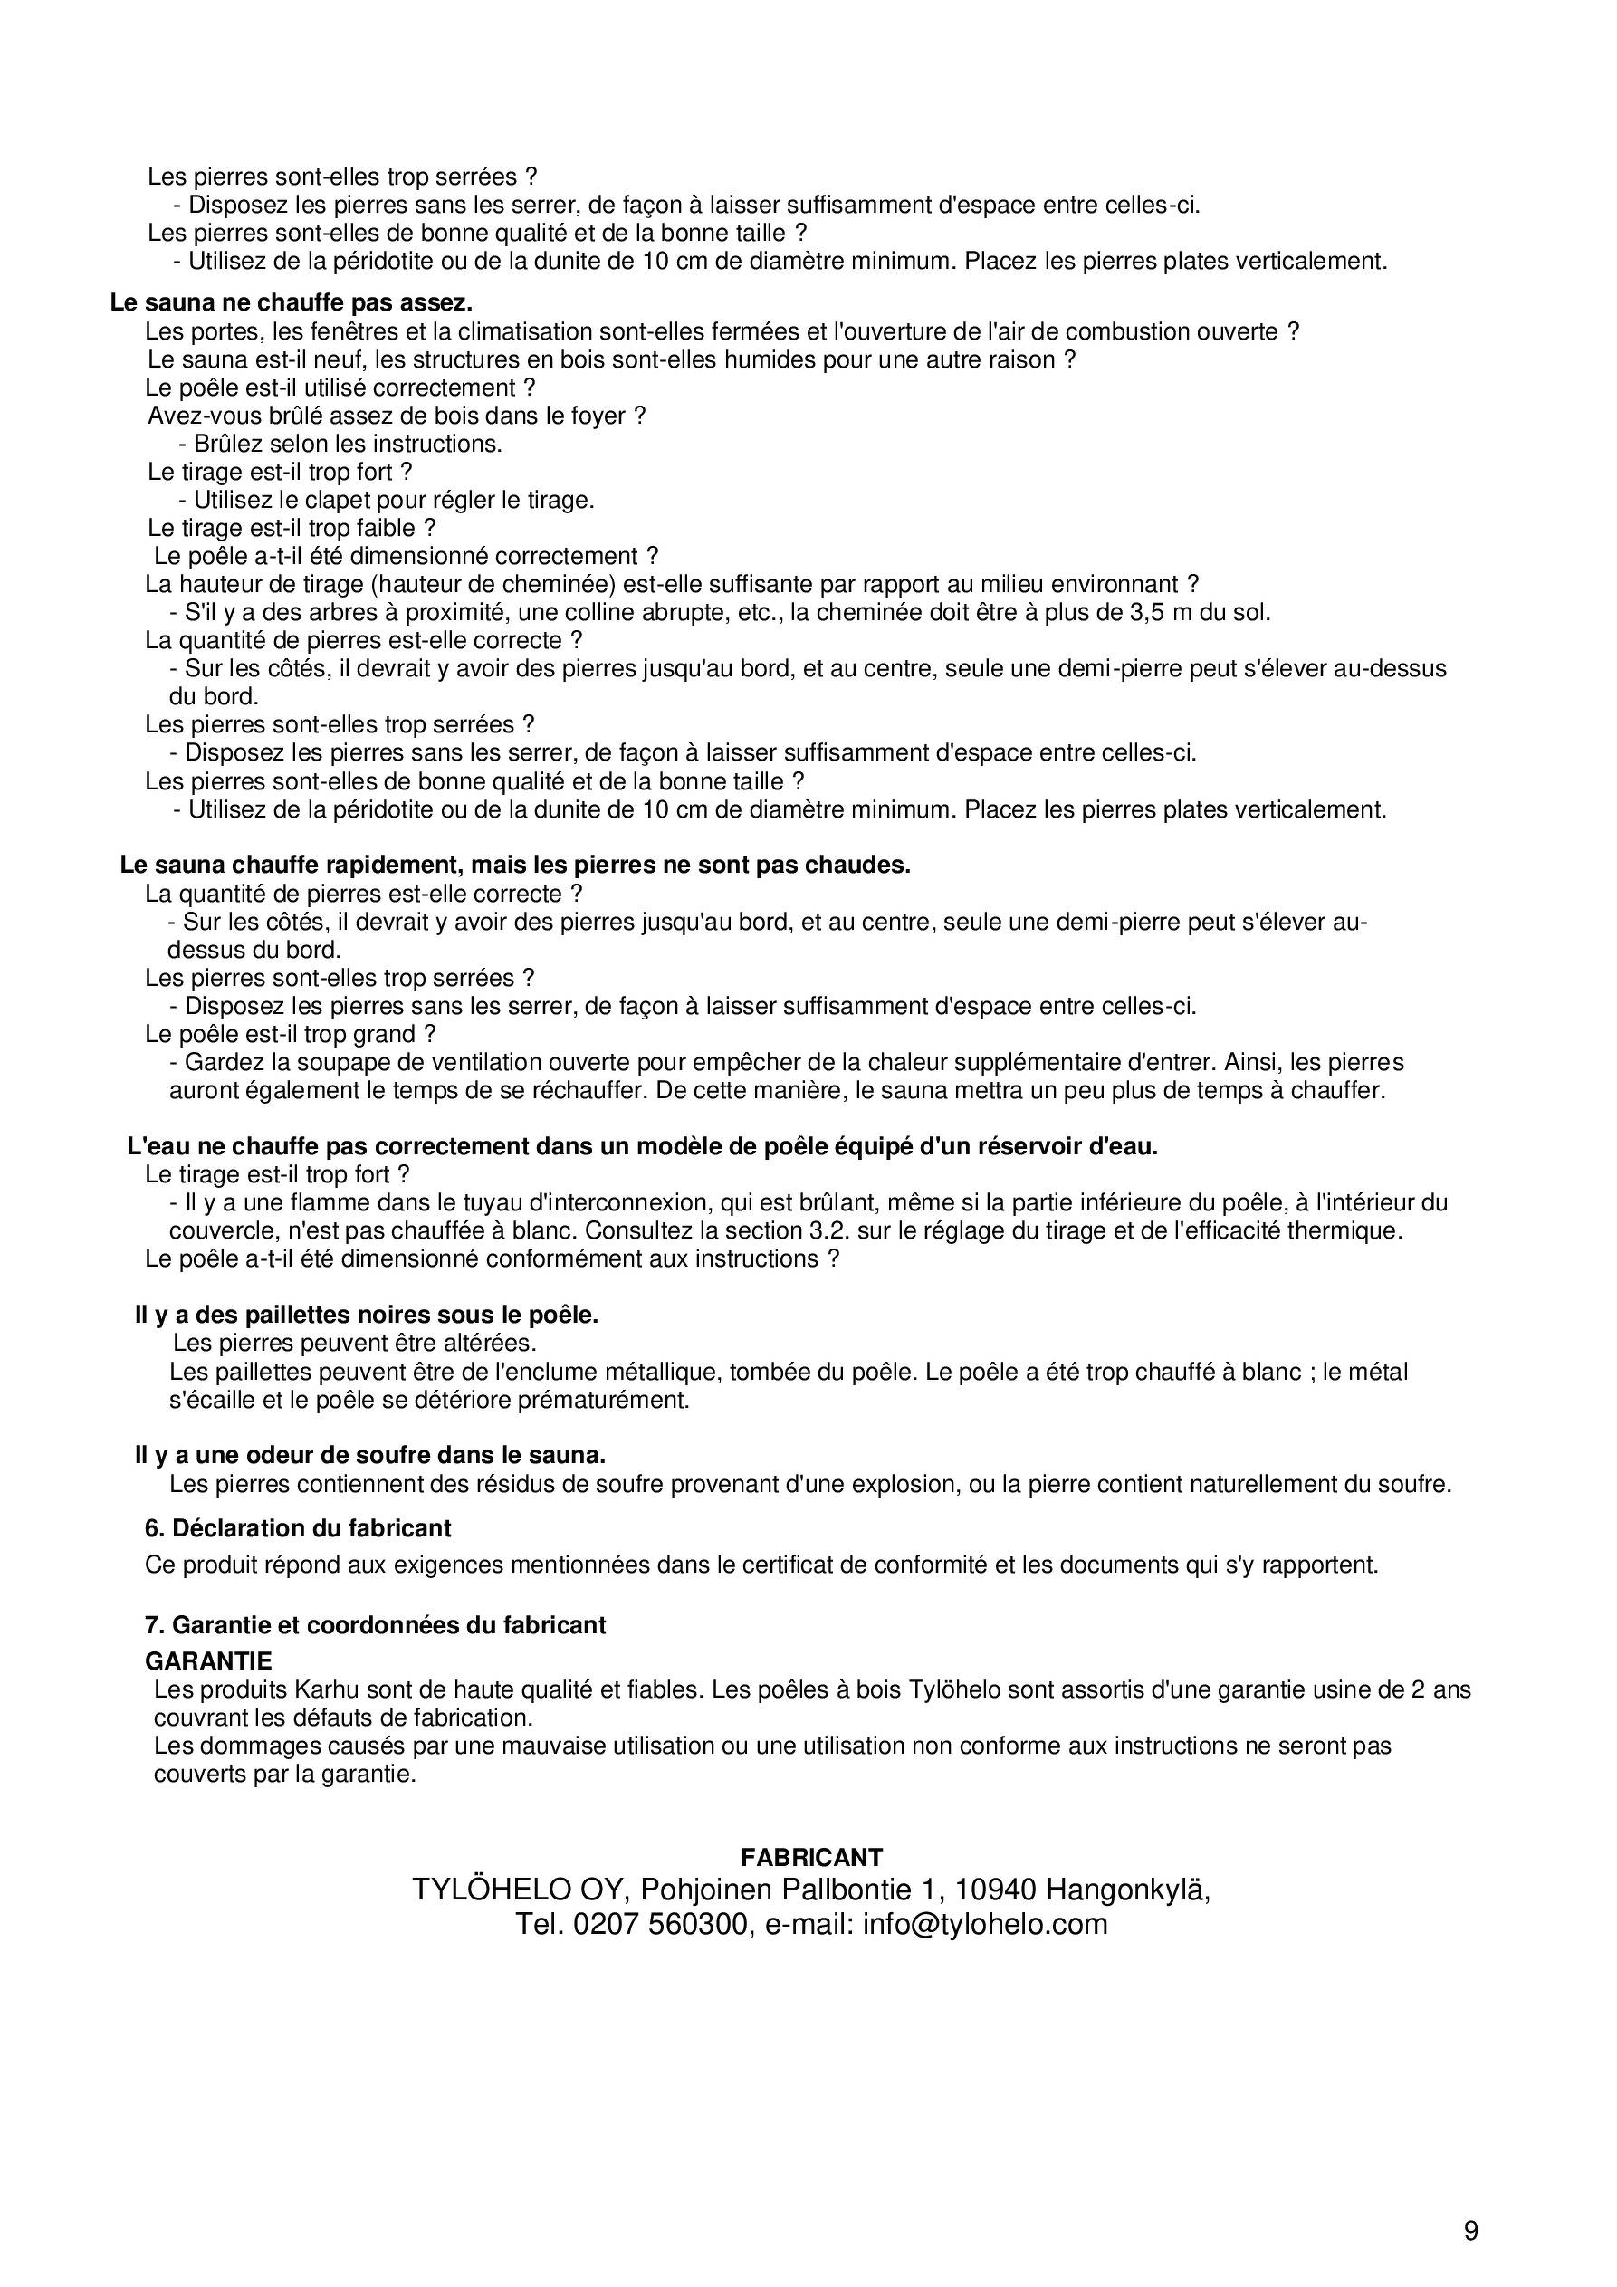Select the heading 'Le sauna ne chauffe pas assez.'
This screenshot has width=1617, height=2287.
[291, 302]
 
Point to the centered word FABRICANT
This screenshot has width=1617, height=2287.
[811, 1857]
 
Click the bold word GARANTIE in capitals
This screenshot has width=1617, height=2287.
[208, 1660]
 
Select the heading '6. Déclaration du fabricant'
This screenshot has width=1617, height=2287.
[298, 1528]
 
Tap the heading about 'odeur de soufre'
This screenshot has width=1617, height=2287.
[369, 1455]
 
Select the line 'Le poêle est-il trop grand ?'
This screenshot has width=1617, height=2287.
[290, 1034]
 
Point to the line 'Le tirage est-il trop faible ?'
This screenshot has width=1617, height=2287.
[291, 528]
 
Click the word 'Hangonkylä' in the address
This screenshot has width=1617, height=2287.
[1127, 1890]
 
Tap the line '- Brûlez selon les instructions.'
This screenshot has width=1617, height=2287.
[340, 444]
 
